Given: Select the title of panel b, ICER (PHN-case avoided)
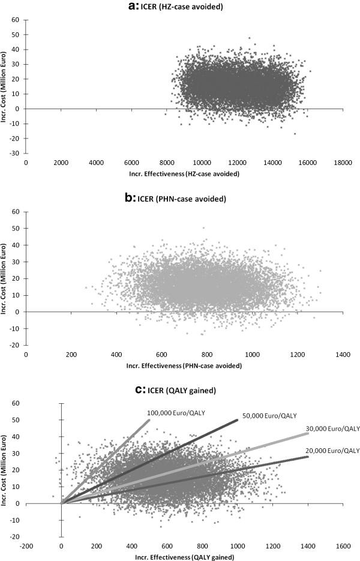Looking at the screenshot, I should click(x=180, y=194).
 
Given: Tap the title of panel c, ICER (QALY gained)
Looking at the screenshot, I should click(x=180, y=391).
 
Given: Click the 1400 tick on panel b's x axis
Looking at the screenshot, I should click(x=343, y=355).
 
